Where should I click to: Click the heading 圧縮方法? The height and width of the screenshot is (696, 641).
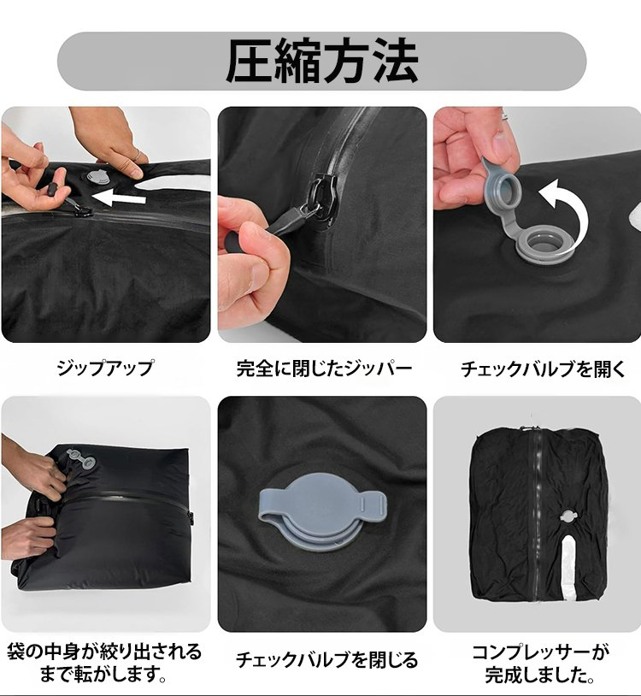click(322, 61)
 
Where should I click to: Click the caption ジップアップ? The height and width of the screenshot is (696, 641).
click(105, 368)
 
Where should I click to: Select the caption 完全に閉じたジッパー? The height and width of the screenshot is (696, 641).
click(324, 369)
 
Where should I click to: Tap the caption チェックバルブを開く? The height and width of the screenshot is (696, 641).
click(543, 369)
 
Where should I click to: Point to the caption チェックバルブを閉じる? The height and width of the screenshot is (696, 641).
click(326, 659)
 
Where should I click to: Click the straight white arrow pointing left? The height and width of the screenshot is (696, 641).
click(119, 198)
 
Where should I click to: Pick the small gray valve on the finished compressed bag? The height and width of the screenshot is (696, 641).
click(567, 516)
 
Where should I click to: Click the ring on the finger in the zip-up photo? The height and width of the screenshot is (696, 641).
click(138, 155)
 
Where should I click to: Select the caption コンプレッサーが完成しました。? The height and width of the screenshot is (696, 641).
click(540, 664)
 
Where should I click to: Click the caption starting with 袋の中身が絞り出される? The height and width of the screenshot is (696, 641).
click(104, 663)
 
